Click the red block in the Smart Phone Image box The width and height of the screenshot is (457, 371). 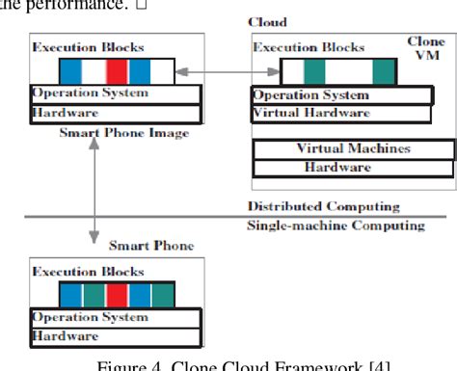pyautogui.click(x=116, y=71)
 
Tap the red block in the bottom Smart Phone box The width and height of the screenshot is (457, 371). pyautogui.click(x=116, y=293)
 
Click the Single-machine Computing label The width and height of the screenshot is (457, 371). pyautogui.click(x=336, y=225)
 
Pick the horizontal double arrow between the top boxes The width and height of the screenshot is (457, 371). pyautogui.click(x=228, y=72)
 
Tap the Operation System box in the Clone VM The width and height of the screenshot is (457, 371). pyautogui.click(x=322, y=94)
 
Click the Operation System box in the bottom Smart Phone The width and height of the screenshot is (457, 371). pyautogui.click(x=116, y=316)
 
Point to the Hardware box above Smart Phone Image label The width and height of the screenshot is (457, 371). pyautogui.click(x=116, y=113)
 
